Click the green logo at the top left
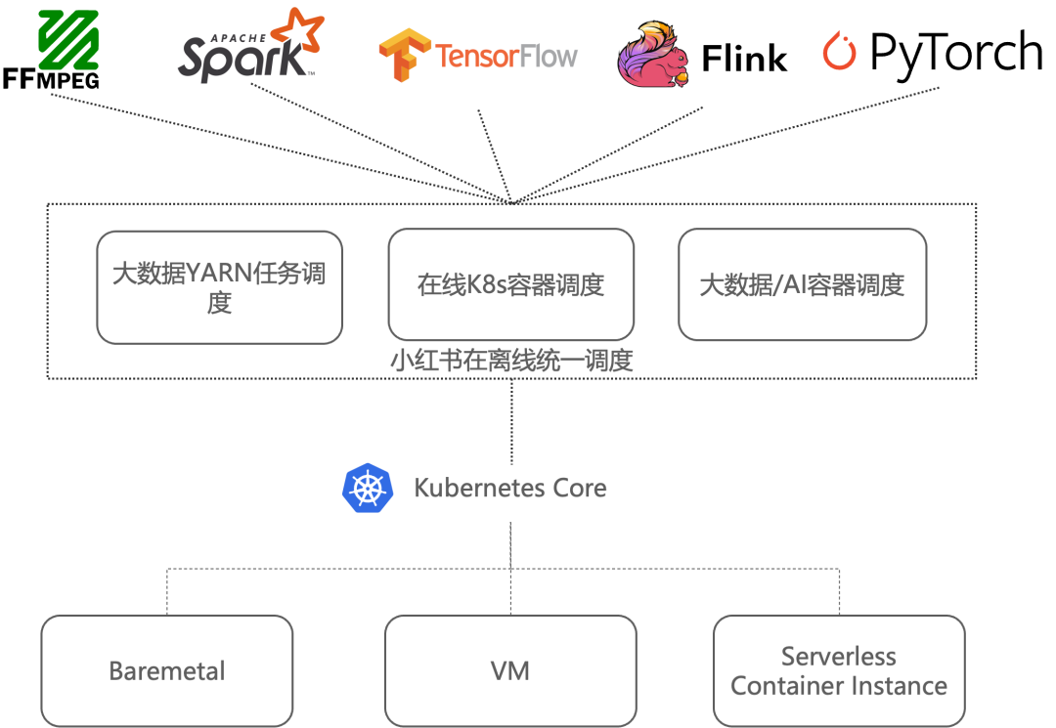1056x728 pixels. [x=68, y=40]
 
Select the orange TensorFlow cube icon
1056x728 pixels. [x=405, y=55]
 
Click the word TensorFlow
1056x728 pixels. [x=506, y=56]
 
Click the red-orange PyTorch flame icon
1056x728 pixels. [x=839, y=51]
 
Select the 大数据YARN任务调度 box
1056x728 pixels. [x=219, y=287]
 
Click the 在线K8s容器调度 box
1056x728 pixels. [x=510, y=284]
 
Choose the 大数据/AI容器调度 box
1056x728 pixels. [x=802, y=284]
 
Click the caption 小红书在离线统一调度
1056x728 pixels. [x=511, y=361]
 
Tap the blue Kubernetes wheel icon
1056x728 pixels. [x=368, y=488]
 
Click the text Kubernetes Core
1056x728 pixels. [x=510, y=488]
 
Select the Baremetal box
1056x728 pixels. [x=167, y=670]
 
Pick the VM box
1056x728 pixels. [x=510, y=670]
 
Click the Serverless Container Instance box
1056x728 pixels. [x=839, y=670]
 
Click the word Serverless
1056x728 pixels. [x=839, y=656]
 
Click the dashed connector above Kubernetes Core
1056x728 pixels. [x=511, y=420]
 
